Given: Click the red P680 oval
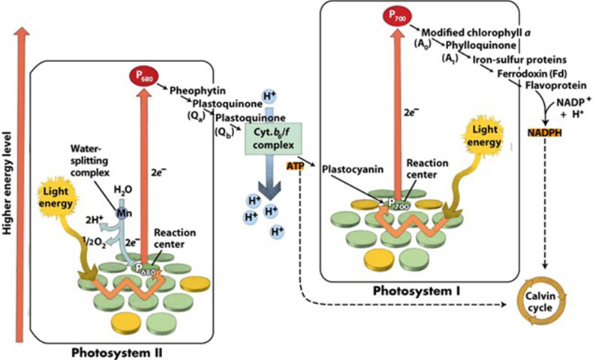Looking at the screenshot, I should tap(142, 75).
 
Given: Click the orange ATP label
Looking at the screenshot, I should tap(295, 166).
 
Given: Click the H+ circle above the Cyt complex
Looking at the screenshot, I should tap(268, 96).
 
